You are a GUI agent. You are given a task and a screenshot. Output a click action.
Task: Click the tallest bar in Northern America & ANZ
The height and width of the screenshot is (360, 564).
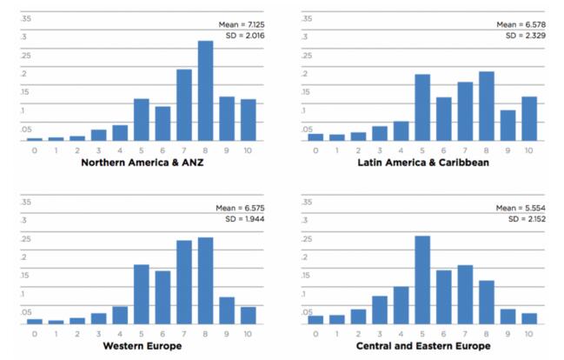[205, 90]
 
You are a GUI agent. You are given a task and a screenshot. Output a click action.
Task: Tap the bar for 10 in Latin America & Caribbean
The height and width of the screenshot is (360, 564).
[529, 118]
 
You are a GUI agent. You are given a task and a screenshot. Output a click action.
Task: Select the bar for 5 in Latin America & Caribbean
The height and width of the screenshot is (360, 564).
[422, 107]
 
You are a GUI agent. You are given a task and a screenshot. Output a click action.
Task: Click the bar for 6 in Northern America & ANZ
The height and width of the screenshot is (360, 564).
[163, 123]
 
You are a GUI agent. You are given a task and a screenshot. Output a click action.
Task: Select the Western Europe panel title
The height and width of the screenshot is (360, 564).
[141, 346]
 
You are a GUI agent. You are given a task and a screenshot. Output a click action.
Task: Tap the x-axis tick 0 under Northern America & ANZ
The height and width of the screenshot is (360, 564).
[35, 150]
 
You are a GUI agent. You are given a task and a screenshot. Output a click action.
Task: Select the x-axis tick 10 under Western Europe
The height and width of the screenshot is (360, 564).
[248, 334]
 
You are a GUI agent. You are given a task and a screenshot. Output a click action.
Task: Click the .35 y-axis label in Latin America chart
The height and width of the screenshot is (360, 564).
[306, 18]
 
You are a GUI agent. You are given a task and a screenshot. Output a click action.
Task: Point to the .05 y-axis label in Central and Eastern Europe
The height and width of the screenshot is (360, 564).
[307, 311]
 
